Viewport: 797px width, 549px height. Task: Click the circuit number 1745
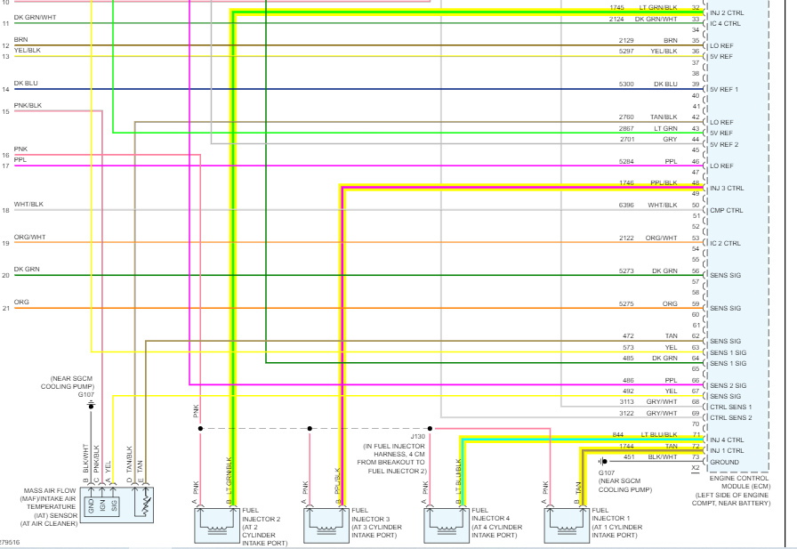tap(616, 8)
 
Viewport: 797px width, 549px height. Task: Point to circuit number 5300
tap(627, 85)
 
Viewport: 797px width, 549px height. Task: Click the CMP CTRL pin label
tap(725, 211)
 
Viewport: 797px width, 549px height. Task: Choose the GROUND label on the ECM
tap(724, 462)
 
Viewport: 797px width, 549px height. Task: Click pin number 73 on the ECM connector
tap(696, 457)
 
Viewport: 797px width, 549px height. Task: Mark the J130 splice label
tap(418, 437)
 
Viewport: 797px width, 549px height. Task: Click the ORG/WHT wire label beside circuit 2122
tap(662, 238)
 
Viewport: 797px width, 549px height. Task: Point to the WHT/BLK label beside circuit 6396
tap(663, 206)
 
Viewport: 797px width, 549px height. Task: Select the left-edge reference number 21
tap(5, 309)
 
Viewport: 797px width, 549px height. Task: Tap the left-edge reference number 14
tap(5, 90)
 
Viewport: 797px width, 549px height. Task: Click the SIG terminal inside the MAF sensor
tap(114, 506)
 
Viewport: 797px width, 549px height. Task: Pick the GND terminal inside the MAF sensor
tap(90, 506)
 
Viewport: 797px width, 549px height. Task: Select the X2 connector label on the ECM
tap(696, 467)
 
